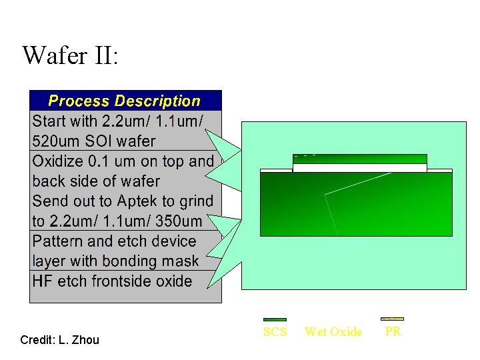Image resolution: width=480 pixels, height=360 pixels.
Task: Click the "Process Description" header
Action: [x=125, y=101]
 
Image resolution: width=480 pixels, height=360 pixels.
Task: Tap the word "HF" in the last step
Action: [x=43, y=281]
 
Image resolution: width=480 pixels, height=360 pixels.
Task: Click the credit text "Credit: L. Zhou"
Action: [x=59, y=340]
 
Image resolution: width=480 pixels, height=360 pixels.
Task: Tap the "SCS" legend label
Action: [x=275, y=332]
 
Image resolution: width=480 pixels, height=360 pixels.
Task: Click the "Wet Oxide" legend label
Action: [x=333, y=332]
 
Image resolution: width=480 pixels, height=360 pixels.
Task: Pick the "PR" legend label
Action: [x=393, y=332]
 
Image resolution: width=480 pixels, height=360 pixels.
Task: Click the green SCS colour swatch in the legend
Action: [x=275, y=320]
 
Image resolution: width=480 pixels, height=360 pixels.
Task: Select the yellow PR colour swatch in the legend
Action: [x=392, y=319]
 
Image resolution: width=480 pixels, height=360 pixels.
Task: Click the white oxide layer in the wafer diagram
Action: [x=360, y=168]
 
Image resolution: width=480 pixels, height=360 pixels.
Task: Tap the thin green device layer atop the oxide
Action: [x=360, y=159]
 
